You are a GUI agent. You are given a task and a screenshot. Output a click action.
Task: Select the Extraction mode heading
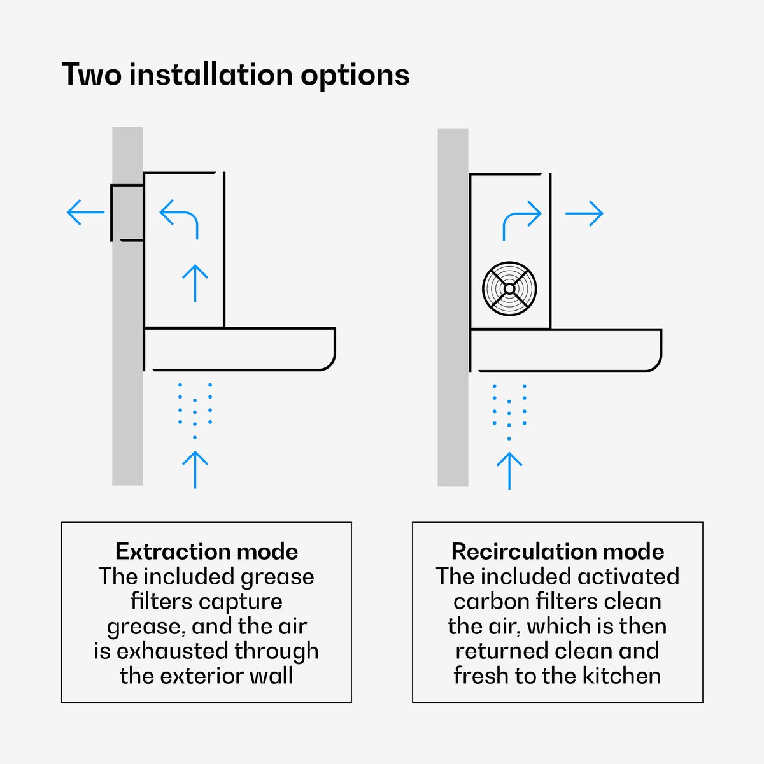click(x=206, y=551)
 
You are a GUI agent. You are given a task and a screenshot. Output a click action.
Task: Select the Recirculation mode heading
click(x=558, y=551)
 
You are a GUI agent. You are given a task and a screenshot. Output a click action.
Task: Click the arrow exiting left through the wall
click(x=86, y=212)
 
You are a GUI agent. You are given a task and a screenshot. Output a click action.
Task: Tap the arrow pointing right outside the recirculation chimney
click(x=584, y=213)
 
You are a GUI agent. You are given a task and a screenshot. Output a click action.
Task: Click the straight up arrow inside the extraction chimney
click(x=195, y=283)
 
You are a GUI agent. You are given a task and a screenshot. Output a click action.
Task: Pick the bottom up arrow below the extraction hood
click(x=195, y=469)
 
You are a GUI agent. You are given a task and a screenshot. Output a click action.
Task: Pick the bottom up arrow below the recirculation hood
click(x=509, y=470)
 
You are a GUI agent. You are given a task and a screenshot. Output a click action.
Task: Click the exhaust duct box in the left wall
click(x=127, y=213)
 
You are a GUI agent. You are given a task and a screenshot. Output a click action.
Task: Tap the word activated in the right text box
click(x=628, y=576)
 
